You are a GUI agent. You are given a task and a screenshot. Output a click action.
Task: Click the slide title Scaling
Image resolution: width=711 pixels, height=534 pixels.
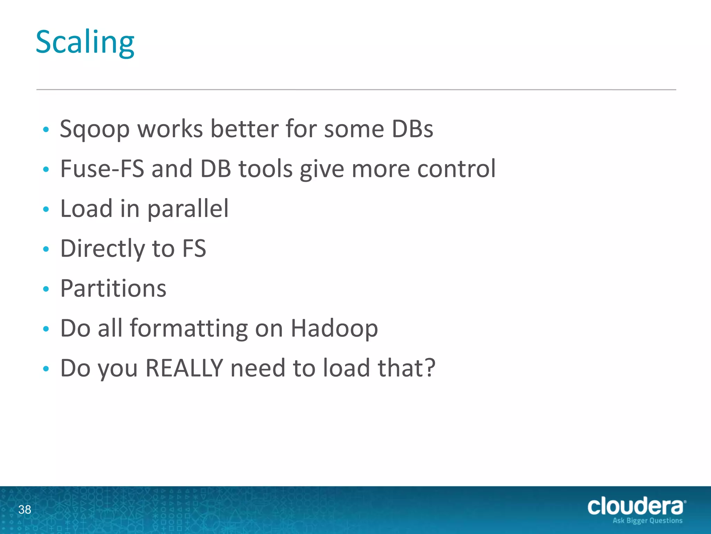coord(85,42)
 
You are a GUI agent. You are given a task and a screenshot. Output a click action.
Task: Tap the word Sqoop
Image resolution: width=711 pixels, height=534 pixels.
coord(94,129)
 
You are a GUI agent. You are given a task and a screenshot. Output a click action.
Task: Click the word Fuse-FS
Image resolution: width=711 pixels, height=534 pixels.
coord(102,169)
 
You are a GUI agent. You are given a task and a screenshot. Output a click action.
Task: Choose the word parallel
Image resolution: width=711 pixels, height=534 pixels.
coord(188,209)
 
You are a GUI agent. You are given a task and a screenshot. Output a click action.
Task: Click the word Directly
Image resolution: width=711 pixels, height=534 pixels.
coord(103,249)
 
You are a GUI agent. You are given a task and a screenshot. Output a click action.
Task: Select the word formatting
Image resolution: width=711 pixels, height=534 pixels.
coord(189,329)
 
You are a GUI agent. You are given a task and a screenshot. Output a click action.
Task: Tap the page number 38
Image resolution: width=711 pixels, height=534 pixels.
coord(25,510)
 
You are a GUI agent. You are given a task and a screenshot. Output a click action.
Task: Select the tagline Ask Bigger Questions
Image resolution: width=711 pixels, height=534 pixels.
coord(647,521)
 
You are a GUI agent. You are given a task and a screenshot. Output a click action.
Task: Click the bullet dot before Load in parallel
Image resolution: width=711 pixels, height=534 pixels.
coord(46,209)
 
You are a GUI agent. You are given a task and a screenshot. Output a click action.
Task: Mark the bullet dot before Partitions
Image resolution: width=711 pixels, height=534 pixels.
coord(46,289)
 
